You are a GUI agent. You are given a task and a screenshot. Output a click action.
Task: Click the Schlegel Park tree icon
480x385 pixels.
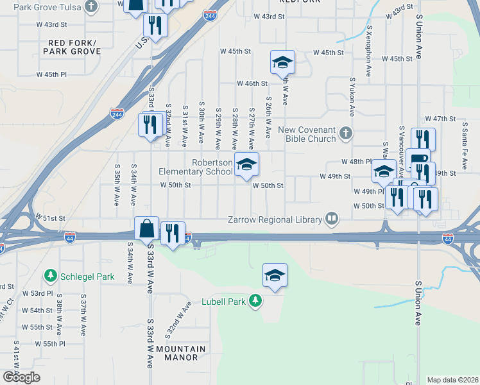(50, 276)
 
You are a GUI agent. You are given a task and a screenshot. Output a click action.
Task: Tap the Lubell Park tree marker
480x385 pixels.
(255, 300)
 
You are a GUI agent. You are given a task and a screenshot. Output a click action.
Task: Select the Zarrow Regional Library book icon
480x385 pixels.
(332, 219)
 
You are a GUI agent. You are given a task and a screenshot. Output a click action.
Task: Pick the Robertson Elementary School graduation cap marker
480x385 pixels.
(246, 165)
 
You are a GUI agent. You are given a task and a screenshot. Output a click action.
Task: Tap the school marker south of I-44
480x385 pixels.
(275, 275)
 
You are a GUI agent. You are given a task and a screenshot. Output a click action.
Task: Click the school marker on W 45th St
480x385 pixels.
(282, 63)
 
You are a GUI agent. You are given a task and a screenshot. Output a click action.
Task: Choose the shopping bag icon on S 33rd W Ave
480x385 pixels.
(147, 228)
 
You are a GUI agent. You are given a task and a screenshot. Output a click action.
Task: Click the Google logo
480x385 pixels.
(21, 377)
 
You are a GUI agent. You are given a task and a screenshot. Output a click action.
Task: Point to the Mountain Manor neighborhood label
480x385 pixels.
(181, 353)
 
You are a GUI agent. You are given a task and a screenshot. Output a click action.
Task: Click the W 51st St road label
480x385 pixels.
(50, 218)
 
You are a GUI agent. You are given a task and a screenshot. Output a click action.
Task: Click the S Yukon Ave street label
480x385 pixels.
(352, 96)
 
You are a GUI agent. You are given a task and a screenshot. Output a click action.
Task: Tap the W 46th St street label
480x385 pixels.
(252, 83)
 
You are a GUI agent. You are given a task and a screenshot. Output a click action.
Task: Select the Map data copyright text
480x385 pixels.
(452, 380)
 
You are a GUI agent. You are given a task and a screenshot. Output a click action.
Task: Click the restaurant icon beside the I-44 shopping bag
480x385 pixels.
(172, 233)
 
